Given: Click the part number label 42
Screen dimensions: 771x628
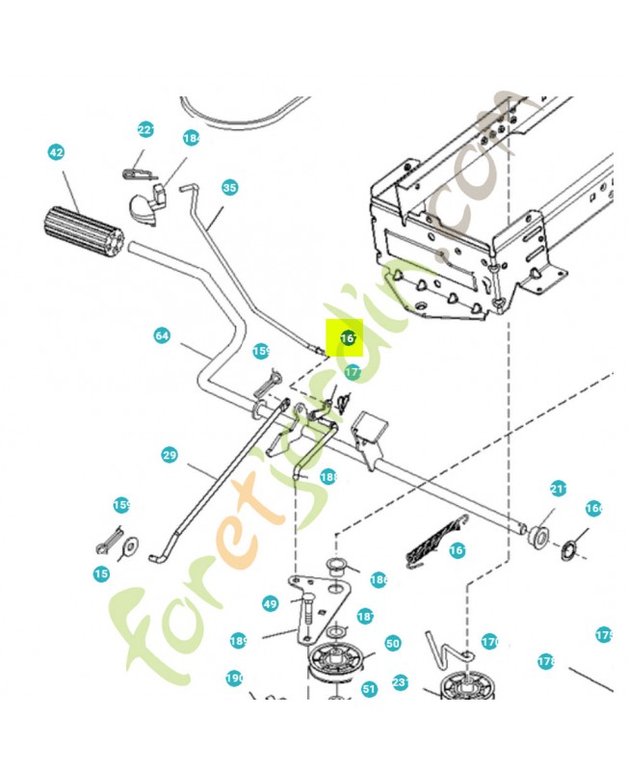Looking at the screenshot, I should [56, 152].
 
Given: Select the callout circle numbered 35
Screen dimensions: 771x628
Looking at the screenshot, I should [228, 188].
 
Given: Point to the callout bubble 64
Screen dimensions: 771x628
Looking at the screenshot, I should [162, 335].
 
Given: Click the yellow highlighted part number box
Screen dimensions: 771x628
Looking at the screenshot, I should [345, 338].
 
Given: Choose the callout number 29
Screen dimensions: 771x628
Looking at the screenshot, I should [170, 453].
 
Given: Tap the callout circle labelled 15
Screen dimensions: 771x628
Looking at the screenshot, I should [101, 574].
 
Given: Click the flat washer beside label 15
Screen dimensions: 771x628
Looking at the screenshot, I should [128, 548].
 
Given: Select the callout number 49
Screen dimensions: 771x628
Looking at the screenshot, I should [270, 604].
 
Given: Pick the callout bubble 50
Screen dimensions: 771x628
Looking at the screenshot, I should [392, 643].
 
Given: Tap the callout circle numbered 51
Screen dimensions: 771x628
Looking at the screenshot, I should [369, 689].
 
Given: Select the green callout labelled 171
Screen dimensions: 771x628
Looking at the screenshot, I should [353, 371].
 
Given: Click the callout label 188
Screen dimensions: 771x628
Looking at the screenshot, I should [328, 477].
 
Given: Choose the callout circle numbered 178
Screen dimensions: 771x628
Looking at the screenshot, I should [546, 661].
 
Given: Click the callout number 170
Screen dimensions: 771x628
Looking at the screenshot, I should [490, 641].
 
